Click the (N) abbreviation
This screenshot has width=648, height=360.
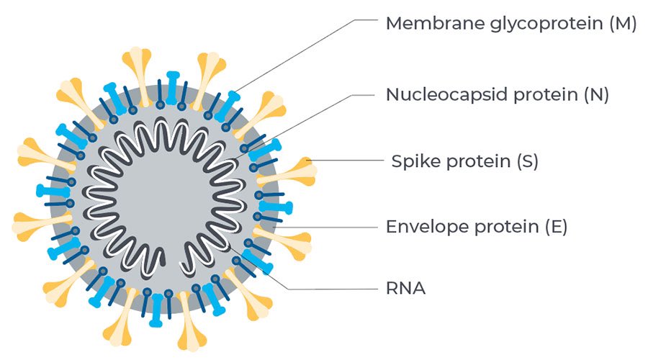coord(598,94)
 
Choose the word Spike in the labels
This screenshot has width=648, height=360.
coord(414,161)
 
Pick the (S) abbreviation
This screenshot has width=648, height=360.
coord(528,161)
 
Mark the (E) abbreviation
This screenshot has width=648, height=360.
coord(557,228)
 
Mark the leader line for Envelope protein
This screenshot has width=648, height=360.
coord(331,228)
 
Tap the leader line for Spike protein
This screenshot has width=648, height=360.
coord(346,160)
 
